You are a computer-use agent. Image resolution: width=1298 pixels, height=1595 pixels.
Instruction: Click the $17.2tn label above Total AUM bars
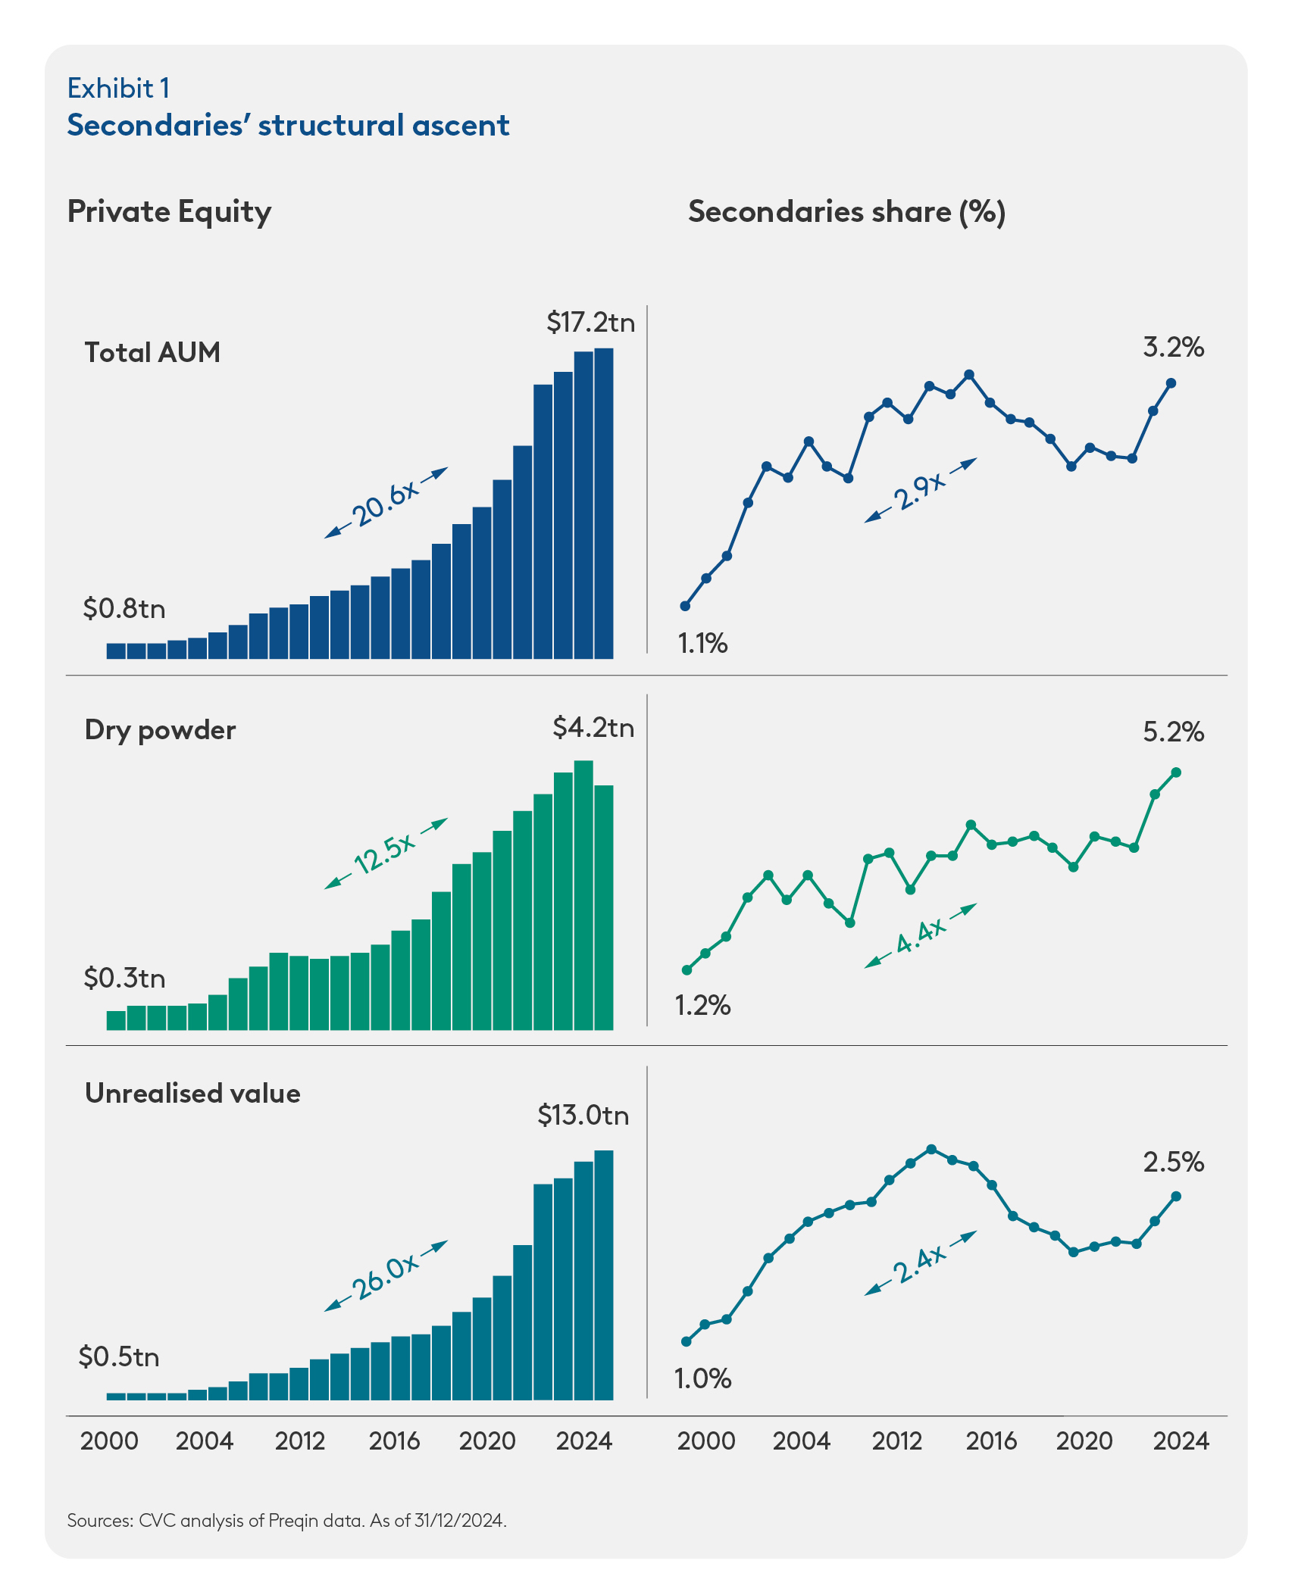click(x=590, y=323)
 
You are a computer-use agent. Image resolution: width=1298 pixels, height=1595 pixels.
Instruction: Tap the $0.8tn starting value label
click(x=124, y=608)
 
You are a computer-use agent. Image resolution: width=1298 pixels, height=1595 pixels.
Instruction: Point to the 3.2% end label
click(x=1173, y=348)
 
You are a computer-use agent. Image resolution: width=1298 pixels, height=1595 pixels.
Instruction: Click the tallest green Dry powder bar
click(x=583, y=894)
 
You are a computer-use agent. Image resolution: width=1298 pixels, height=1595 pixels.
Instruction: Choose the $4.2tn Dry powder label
click(x=593, y=728)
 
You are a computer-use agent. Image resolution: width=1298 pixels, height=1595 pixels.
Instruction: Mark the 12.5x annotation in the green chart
click(x=386, y=854)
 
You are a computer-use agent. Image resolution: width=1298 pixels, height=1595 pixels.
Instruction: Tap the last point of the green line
click(x=1176, y=773)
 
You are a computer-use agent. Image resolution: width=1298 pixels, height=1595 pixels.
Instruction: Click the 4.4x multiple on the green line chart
click(x=921, y=936)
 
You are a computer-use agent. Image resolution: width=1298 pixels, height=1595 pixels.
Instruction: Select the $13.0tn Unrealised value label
click(x=583, y=1116)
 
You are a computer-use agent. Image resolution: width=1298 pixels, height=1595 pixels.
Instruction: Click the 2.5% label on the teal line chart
click(x=1173, y=1163)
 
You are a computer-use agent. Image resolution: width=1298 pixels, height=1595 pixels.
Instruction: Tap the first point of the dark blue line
click(x=685, y=606)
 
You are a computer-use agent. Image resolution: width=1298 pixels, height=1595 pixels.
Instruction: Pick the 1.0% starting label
click(x=702, y=1378)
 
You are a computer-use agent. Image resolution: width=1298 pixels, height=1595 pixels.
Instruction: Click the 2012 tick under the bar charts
click(x=300, y=1440)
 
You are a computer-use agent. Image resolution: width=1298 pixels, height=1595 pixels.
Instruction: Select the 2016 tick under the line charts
click(x=991, y=1440)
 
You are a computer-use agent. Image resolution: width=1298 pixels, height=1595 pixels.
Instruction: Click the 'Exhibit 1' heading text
click(x=118, y=89)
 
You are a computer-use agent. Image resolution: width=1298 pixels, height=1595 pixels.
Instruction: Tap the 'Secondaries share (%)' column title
click(x=846, y=212)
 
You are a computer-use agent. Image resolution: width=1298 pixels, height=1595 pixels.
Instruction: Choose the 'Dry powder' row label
click(x=160, y=730)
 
